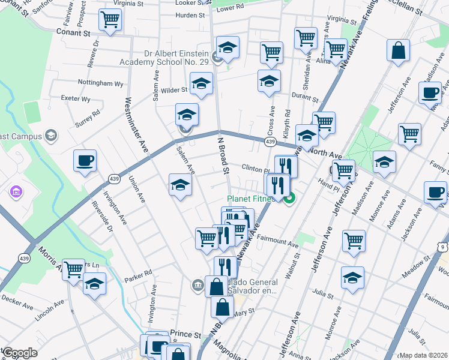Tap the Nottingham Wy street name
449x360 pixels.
(x=100, y=83)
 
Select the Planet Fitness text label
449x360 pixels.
(x=251, y=199)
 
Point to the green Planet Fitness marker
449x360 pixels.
(x=290, y=198)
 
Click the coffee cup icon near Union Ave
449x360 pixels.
(x=85, y=160)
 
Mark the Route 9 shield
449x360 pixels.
(x=442, y=246)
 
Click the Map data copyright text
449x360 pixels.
(x=423, y=355)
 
